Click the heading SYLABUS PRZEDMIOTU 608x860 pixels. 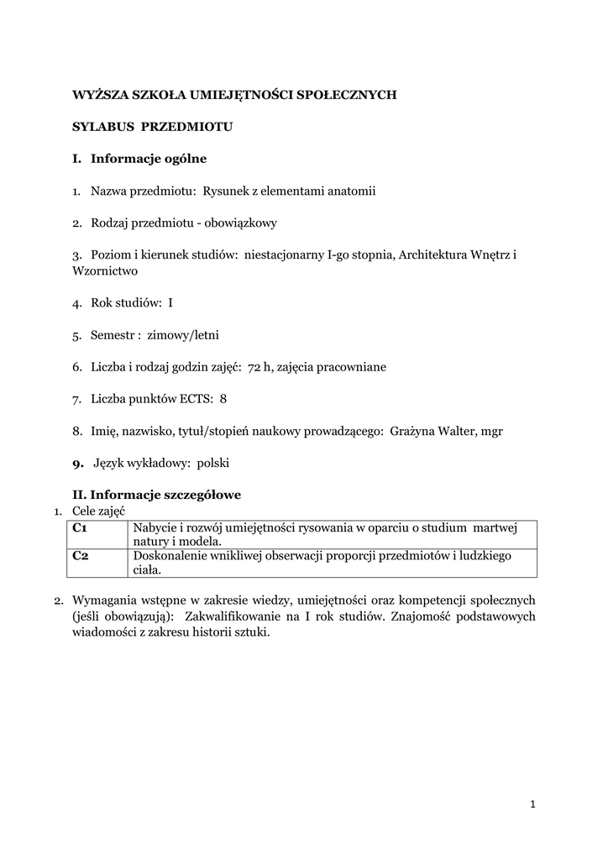[151, 127]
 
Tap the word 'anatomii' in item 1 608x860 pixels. [353, 191]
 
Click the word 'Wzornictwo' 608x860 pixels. [105, 271]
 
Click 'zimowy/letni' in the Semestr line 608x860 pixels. [183, 335]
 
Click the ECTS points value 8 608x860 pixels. [223, 399]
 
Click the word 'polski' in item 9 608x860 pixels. [213, 463]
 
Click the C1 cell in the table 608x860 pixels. [81, 527]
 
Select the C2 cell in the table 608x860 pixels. [81, 556]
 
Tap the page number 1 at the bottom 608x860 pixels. [532, 805]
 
